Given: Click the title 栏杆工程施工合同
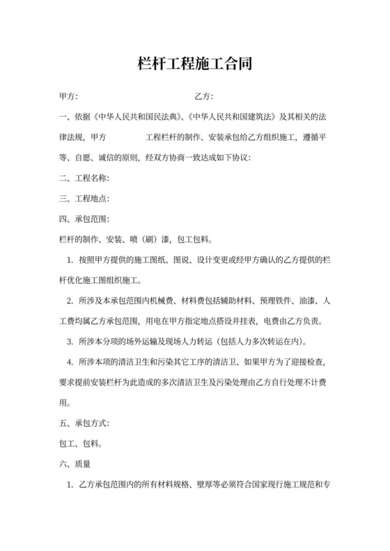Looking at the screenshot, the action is pos(194,65).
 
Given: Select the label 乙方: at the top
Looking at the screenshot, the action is pos(204,95).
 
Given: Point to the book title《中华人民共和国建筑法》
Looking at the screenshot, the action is pos(234,116).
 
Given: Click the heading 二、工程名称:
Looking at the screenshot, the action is pos(85,178).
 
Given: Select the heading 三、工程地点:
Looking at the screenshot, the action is pos(85,199).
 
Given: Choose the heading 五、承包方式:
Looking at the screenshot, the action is pos(85,422).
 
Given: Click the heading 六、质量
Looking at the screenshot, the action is pos(77,463).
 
